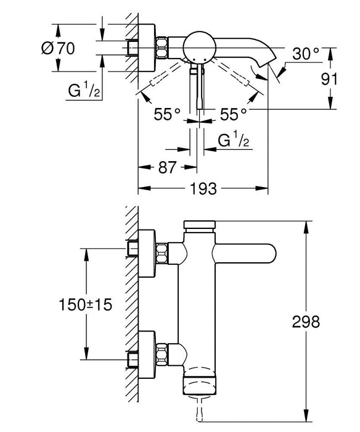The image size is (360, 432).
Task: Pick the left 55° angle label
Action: click(x=167, y=113)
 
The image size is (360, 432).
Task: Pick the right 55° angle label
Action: click(x=234, y=113)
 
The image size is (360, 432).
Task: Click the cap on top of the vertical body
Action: click(x=198, y=226)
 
